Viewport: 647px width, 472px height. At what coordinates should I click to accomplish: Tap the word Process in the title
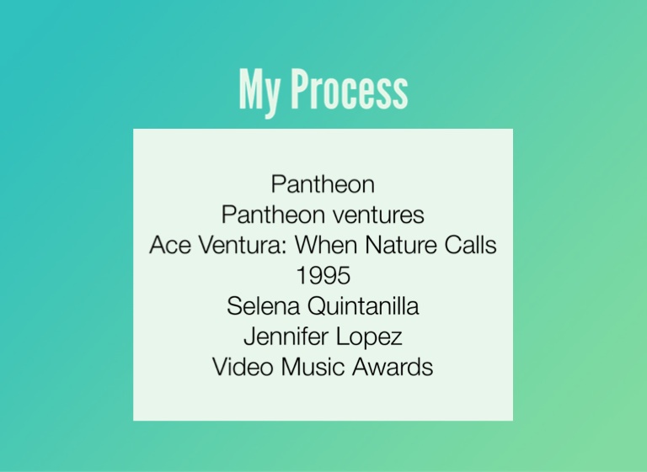tap(350, 89)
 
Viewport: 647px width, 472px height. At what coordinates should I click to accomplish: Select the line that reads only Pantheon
tap(323, 184)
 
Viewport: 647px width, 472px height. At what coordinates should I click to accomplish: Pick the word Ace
tap(170, 245)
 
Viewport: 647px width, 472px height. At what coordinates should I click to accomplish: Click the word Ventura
tap(243, 245)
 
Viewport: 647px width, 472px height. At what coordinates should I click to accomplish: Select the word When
tap(326, 245)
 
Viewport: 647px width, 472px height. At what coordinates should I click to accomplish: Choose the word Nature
tap(401, 245)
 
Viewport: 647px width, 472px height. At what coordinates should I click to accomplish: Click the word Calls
tap(470, 245)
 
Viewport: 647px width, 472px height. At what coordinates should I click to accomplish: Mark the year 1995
tap(323, 275)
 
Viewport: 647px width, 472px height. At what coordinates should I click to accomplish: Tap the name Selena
tap(263, 306)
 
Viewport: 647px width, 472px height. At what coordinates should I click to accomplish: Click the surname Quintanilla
tap(363, 306)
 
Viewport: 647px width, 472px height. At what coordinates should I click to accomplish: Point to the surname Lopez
tap(369, 337)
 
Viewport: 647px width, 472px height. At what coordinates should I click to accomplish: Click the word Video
tap(243, 367)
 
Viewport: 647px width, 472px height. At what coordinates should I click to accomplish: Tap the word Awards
tap(393, 367)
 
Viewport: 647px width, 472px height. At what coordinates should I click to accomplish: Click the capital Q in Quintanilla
tap(317, 306)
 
